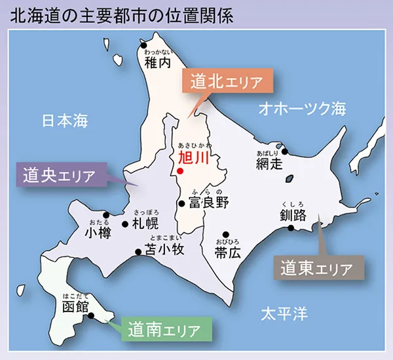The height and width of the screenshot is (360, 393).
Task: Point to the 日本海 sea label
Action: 64,121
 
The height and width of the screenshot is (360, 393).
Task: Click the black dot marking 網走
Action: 284,153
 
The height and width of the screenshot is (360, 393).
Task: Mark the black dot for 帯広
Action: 225,234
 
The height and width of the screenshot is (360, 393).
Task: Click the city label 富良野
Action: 208,203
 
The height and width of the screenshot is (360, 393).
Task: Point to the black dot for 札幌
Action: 125,224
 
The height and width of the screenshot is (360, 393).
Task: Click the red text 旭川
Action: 192,158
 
